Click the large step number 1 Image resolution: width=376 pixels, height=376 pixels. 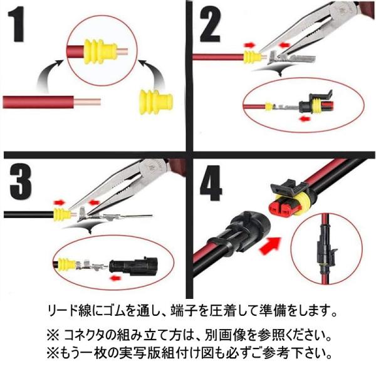tap(17, 24)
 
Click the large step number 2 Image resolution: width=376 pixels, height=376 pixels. tap(210, 24)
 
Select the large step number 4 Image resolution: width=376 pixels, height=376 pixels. tap(211, 183)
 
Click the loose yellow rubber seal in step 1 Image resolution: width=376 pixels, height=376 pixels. tap(156, 102)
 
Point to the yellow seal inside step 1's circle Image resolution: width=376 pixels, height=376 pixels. tap(100, 51)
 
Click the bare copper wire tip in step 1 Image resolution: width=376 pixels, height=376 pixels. tap(87, 102)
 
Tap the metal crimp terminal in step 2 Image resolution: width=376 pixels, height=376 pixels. tap(291, 58)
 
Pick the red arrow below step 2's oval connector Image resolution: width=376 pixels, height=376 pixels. tap(305, 118)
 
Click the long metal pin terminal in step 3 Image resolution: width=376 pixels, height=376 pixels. tap(115, 214)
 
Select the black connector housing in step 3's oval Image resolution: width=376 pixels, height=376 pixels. tap(134, 266)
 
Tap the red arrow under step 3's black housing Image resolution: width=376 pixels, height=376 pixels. tap(115, 278)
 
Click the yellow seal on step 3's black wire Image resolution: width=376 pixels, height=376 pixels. tap(62, 214)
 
